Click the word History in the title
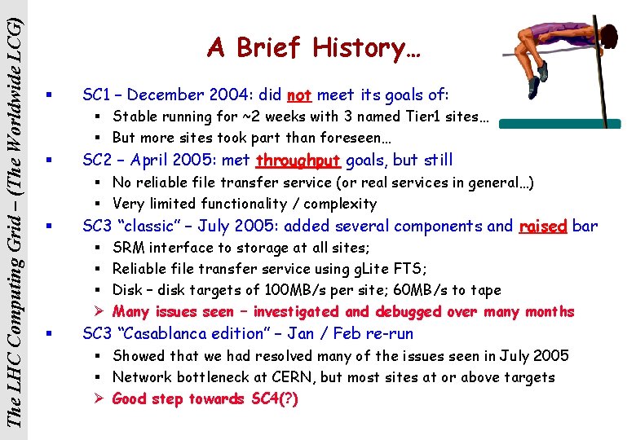[x=358, y=48]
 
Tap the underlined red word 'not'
[x=299, y=95]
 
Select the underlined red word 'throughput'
[x=297, y=160]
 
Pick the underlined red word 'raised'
[x=542, y=226]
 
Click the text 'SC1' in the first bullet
[x=97, y=95]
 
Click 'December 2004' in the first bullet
[x=180, y=95]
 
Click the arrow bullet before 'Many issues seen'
[x=97, y=312]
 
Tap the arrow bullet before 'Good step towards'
[x=97, y=399]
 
